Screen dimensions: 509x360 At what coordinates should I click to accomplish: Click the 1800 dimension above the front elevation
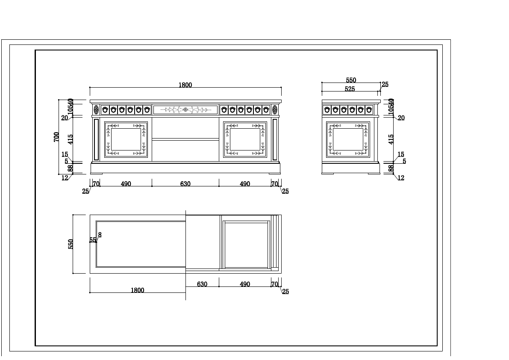[185, 85]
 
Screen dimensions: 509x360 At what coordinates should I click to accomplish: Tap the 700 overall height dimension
[56, 137]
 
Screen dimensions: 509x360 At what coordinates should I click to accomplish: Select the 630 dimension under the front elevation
[185, 184]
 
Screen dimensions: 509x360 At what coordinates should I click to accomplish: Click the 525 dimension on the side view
[350, 89]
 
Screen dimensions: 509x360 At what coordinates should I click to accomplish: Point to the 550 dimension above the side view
[351, 80]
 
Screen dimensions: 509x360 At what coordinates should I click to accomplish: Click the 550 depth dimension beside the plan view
[71, 244]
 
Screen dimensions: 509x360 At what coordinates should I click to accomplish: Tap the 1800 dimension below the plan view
[137, 290]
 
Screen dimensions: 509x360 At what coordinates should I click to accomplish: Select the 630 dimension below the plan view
[202, 284]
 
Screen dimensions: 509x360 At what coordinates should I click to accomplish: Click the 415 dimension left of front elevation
[71, 139]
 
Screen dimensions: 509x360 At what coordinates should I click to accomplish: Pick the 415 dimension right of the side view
[391, 139]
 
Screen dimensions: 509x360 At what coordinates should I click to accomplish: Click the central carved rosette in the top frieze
[185, 110]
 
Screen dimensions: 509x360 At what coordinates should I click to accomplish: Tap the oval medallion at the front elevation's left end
[96, 110]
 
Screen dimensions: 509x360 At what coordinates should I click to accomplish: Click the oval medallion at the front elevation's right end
[275, 110]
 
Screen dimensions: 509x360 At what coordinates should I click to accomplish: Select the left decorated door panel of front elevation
[126, 139]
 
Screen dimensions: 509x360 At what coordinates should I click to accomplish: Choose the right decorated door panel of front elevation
[245, 139]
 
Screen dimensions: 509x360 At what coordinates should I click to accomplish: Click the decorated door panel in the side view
[348, 139]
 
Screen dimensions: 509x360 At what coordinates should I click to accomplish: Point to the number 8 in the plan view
[100, 235]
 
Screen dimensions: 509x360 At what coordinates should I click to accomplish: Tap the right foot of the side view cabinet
[374, 173]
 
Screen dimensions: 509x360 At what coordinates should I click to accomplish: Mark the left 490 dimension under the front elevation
[126, 184]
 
